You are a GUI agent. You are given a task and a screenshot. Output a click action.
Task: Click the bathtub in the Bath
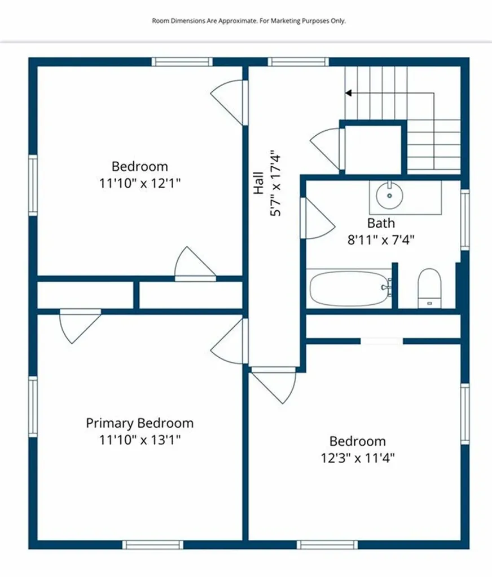coord(350,289)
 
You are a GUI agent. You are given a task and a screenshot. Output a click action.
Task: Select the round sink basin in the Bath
coord(389,195)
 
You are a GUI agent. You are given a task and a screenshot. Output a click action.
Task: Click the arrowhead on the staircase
coord(349,93)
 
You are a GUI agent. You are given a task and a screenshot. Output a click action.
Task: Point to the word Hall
coord(258,183)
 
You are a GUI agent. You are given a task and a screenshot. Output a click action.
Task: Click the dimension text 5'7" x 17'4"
coord(275,183)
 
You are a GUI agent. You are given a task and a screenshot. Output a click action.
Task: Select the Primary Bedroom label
coord(139,423)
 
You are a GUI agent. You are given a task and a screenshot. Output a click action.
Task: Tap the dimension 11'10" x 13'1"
coord(139,439)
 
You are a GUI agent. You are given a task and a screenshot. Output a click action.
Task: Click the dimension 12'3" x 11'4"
coord(357,457)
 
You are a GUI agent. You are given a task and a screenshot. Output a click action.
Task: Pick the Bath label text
coord(381,223)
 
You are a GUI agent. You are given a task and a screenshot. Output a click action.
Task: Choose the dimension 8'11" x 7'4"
coord(381,239)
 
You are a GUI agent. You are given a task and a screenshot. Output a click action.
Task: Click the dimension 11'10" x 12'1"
coord(139,183)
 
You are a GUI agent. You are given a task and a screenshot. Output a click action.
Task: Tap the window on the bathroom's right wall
coord(464,220)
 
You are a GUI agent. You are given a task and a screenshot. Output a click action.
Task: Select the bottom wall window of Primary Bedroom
coord(153,544)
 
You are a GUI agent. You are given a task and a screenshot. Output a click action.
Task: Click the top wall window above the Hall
coord(298,62)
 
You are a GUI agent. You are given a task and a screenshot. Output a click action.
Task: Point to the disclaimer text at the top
coord(249,21)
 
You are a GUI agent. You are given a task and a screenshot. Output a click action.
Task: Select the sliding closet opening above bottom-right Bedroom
coord(382,341)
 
